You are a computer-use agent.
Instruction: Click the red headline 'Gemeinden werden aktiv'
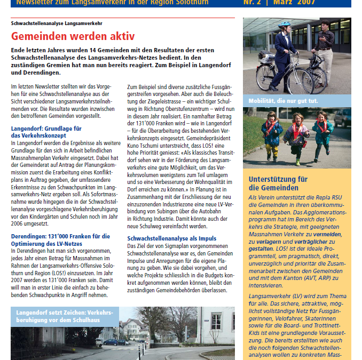(73, 37)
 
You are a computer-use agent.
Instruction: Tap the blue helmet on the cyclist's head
(284, 26)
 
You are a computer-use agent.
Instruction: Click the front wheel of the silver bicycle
(300, 81)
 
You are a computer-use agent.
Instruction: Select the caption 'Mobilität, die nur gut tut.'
(283, 101)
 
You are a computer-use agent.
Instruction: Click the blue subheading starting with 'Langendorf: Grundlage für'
(46, 132)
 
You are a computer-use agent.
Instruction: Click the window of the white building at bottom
(216, 323)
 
